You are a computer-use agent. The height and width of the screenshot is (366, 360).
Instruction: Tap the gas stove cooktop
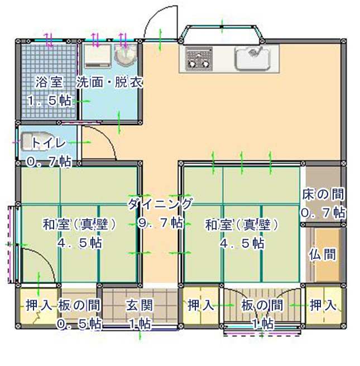point(199,57)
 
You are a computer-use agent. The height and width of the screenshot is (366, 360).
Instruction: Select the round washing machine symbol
point(125,56)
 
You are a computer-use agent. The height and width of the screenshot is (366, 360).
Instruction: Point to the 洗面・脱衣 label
point(109,83)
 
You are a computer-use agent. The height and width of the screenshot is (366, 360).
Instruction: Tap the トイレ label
point(49,143)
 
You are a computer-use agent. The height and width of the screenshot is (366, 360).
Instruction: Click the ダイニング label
point(160,204)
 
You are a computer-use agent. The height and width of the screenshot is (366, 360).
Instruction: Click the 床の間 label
point(323,194)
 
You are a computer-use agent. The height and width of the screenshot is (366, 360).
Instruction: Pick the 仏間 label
point(323,255)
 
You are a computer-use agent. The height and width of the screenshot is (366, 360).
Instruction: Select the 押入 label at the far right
point(323,305)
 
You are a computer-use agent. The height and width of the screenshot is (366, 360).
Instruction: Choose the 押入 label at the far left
point(39,305)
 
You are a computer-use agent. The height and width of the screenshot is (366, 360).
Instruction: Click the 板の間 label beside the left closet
point(79,305)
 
